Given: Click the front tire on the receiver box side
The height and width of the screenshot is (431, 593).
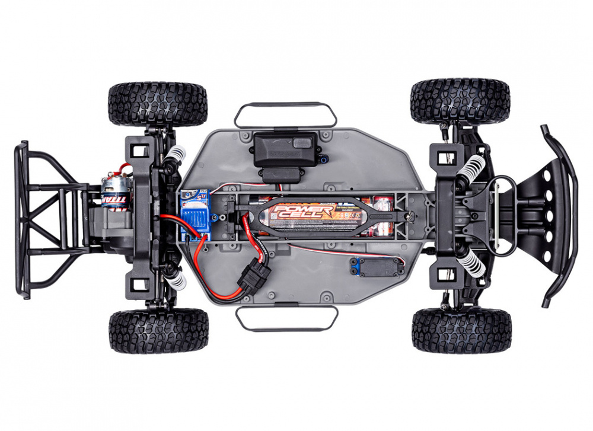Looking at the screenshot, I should click(460, 101).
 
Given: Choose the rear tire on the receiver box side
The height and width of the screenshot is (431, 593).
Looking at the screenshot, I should click(158, 104).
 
